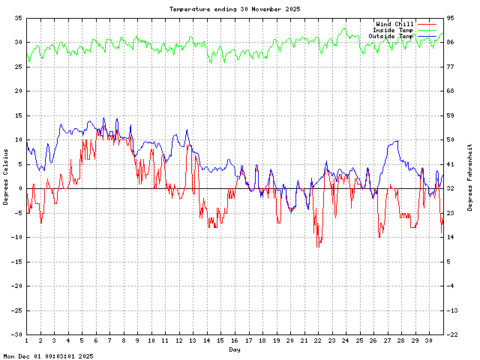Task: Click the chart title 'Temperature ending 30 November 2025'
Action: click(x=235, y=8)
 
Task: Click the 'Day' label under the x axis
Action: click(x=235, y=349)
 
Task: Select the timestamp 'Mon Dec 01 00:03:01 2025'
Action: click(x=48, y=356)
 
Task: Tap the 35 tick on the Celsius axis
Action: click(x=18, y=18)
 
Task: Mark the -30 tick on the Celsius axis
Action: click(x=16, y=334)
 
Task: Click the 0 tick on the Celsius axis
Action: click(x=21, y=188)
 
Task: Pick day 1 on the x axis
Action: click(x=27, y=340)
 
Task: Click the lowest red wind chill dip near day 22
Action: click(x=318, y=247)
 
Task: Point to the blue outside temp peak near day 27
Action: click(x=396, y=140)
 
